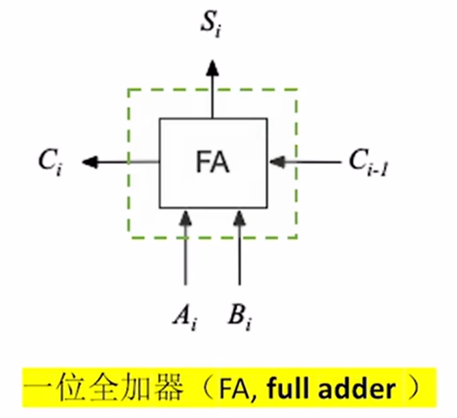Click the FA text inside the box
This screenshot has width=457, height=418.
point(213,164)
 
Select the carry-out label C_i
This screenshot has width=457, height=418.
point(51,164)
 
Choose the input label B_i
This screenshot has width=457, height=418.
point(239,317)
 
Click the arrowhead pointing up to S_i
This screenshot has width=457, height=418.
point(213,67)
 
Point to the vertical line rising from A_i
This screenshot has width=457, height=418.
point(184,257)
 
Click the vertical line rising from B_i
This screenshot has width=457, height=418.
point(239,257)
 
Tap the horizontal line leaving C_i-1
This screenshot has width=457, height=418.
point(314,162)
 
